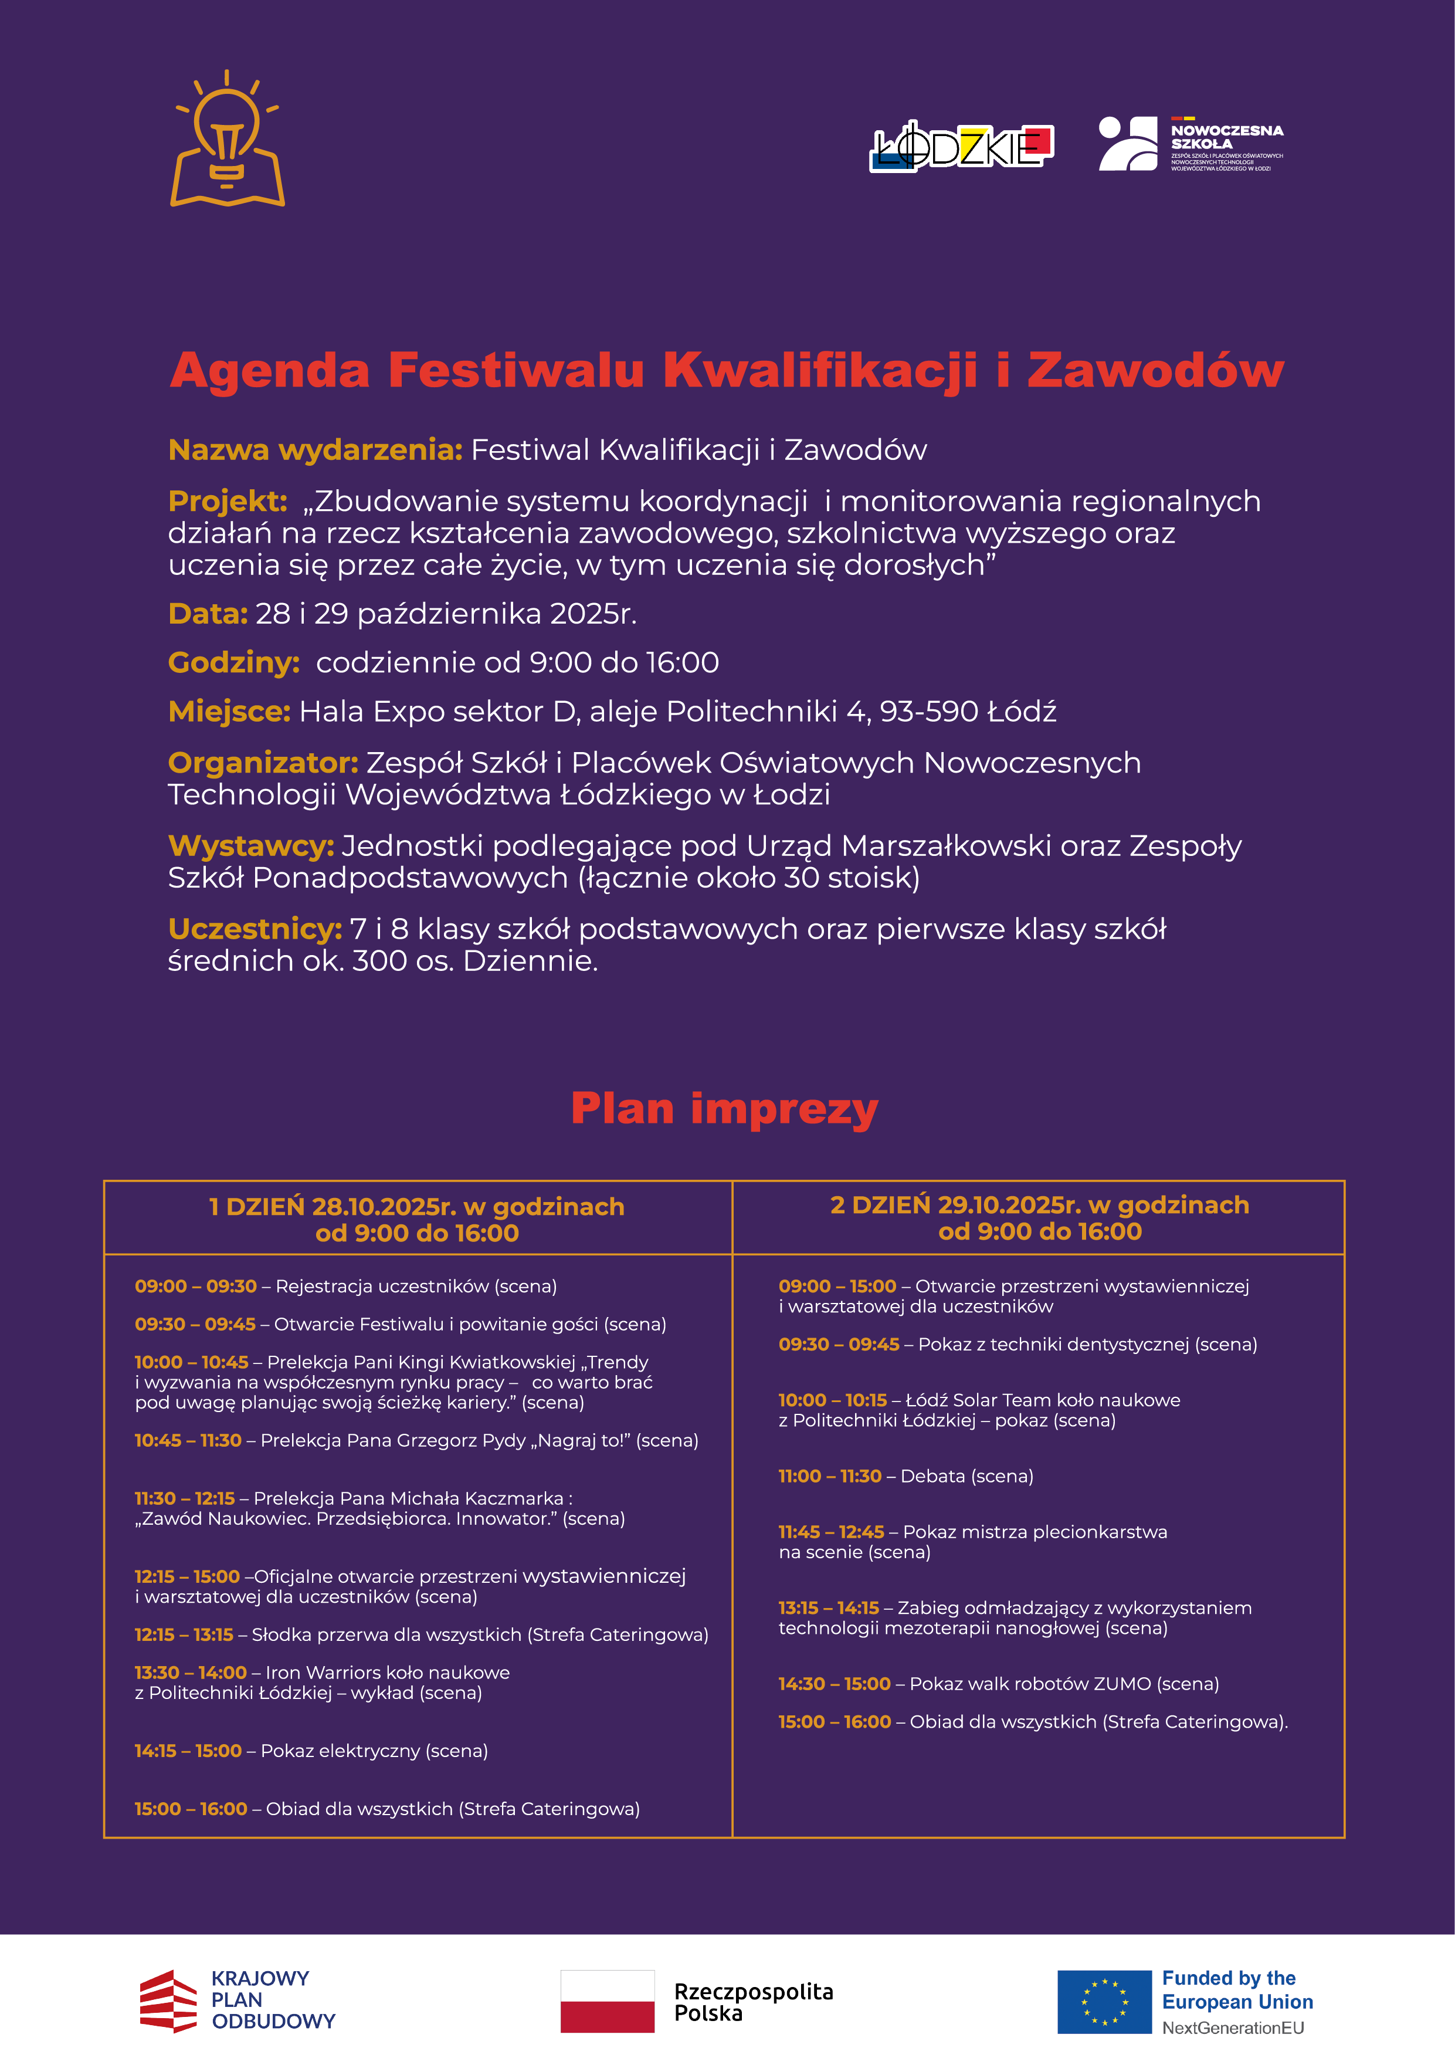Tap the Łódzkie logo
(x=961, y=145)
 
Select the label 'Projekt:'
(x=228, y=501)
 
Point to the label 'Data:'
(x=208, y=614)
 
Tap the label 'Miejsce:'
(x=229, y=712)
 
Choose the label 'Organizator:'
(x=263, y=763)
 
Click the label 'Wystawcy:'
(x=251, y=846)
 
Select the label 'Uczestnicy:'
(x=255, y=929)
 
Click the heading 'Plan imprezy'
(x=725, y=1109)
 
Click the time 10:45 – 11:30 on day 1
(x=188, y=1440)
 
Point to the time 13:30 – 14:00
(x=191, y=1673)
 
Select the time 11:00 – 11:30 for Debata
(x=830, y=1476)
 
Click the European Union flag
(x=1104, y=2002)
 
